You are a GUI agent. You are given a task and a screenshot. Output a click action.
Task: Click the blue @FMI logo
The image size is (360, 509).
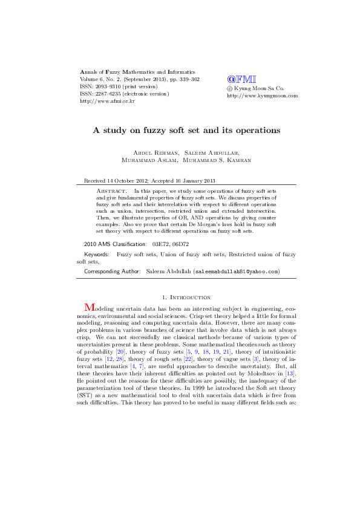pos(241,79)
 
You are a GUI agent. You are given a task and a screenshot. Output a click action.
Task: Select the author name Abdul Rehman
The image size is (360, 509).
pos(152,152)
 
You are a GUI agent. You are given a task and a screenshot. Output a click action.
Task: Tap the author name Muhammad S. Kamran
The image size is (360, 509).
pos(217,160)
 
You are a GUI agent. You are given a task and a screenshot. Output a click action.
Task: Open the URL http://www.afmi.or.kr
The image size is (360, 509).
pos(107,101)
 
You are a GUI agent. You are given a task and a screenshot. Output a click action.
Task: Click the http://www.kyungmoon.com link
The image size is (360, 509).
pos(262,95)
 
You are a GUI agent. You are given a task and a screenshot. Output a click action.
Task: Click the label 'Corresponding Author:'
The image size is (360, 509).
pos(113,271)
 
